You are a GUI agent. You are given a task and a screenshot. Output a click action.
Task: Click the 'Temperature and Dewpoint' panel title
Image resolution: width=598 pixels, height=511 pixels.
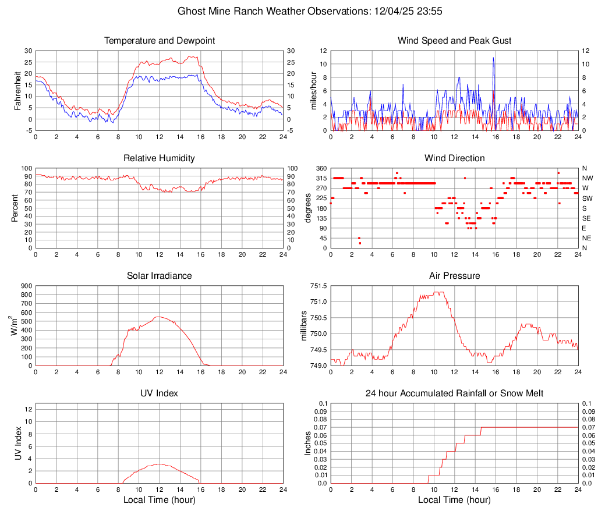click(160, 41)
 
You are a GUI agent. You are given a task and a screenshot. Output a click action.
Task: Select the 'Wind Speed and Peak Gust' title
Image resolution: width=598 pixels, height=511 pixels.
click(454, 41)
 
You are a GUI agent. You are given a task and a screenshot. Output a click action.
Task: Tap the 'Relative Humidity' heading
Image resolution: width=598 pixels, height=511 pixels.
click(160, 158)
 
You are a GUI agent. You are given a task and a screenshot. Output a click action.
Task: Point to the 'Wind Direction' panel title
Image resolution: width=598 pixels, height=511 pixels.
click(454, 158)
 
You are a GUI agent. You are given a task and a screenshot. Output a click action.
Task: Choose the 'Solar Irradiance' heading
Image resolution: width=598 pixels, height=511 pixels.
click(160, 276)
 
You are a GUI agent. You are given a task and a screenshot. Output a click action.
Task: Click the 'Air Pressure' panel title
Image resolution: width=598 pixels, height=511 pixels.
click(454, 276)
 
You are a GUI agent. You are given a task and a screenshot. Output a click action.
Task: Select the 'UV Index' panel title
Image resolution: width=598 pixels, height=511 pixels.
click(160, 393)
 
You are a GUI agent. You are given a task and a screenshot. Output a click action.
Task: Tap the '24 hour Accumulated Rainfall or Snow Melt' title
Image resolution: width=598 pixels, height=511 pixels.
click(454, 393)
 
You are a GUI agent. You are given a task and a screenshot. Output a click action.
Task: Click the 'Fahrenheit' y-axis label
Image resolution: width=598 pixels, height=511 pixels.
click(18, 91)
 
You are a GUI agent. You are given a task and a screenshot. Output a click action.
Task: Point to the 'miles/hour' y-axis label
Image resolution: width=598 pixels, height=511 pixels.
click(313, 91)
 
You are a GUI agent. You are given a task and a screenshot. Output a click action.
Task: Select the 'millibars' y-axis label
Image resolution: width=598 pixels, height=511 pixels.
click(303, 326)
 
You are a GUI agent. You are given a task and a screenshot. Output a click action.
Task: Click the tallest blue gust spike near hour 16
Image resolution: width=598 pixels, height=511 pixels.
click(493, 58)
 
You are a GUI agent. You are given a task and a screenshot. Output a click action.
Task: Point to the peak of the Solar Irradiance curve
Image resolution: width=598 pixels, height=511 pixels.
click(159, 317)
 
